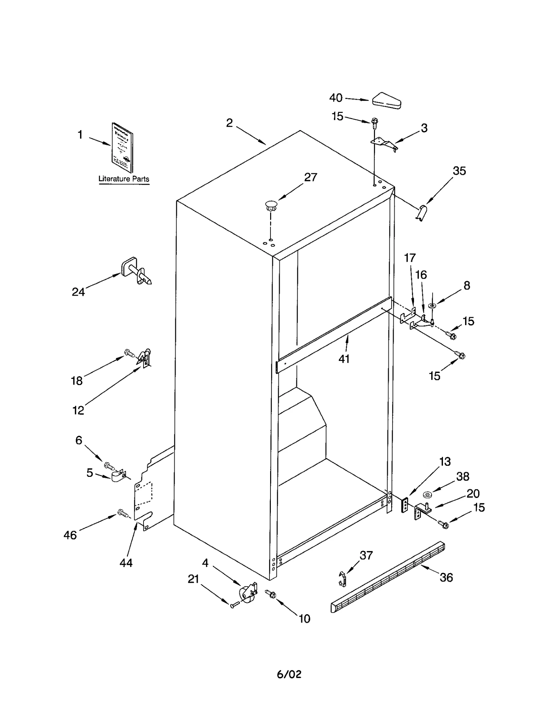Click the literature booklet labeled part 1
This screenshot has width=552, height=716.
pyautogui.click(x=122, y=148)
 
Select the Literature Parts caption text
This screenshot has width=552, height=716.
pyautogui.click(x=124, y=179)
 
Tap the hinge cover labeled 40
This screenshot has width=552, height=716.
pyautogui.click(x=386, y=100)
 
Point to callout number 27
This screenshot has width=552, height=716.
pyautogui.click(x=310, y=177)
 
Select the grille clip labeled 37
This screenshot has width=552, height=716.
pyautogui.click(x=342, y=579)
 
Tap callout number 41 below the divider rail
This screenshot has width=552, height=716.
pyautogui.click(x=344, y=359)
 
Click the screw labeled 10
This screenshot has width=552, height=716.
pyautogui.click(x=271, y=594)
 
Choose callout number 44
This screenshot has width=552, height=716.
pyautogui.click(x=126, y=563)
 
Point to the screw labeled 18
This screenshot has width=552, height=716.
pyautogui.click(x=129, y=353)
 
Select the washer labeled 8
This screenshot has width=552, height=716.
pyautogui.click(x=432, y=306)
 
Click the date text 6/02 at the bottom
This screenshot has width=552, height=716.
pyautogui.click(x=289, y=674)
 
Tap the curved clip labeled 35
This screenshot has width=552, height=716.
pyautogui.click(x=422, y=212)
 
